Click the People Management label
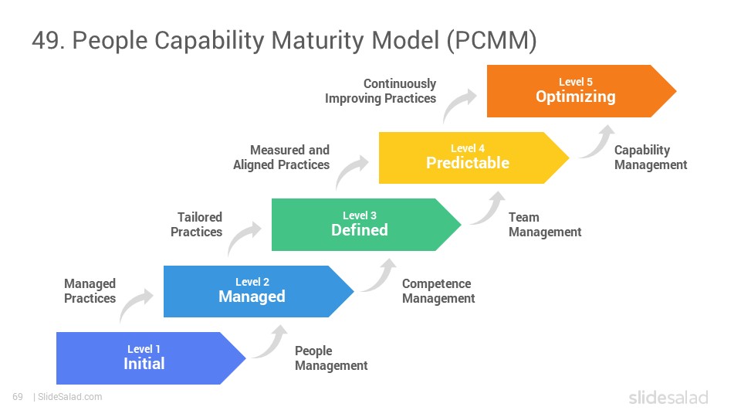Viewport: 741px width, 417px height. [331, 358]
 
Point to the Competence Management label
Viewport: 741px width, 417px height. [438, 291]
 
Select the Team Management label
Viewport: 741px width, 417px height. [544, 224]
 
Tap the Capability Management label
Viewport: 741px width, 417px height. [650, 157]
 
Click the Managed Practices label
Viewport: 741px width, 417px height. [90, 291]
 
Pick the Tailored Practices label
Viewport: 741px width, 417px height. [196, 224]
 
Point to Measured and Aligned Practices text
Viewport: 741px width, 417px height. [281, 157]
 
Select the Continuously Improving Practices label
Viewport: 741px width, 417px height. [381, 91]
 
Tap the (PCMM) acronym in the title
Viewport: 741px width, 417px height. [492, 40]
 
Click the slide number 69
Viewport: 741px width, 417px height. [18, 397]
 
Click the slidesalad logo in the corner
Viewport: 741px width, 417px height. [668, 397]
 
